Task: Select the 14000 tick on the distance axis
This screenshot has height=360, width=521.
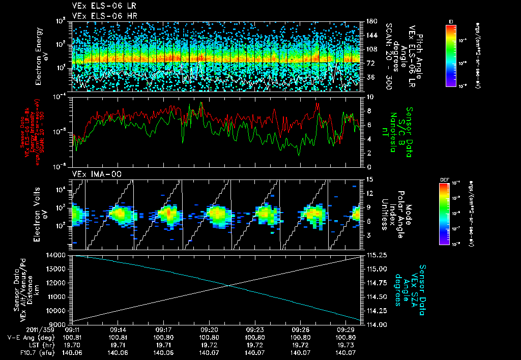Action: coord(60,255)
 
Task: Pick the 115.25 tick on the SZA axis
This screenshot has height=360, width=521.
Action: coord(376,255)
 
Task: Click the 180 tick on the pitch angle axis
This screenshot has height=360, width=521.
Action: coord(370,21)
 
